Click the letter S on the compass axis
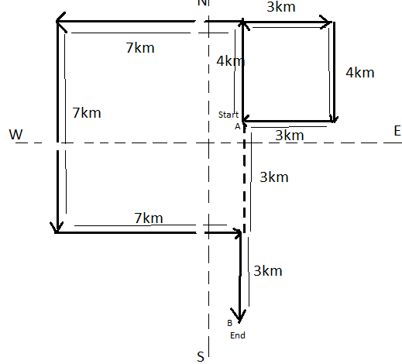pyautogui.click(x=201, y=356)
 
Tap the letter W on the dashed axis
pyautogui.click(x=15, y=135)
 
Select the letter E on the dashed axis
pyautogui.click(x=397, y=131)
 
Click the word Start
pyautogui.click(x=228, y=115)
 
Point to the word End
pyautogui.click(x=238, y=335)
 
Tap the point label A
pyautogui.click(x=238, y=126)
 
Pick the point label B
pyautogui.click(x=230, y=323)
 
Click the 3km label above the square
pyautogui.click(x=281, y=7)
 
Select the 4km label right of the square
pyautogui.click(x=360, y=73)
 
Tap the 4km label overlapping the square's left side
pyautogui.click(x=231, y=61)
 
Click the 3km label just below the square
pyautogui.click(x=290, y=136)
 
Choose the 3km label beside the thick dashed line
pyautogui.click(x=274, y=177)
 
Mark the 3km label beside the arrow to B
pyautogui.click(x=268, y=271)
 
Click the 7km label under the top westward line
pyautogui.click(x=140, y=48)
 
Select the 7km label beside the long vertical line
pyautogui.click(x=87, y=113)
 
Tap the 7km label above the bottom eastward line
pyautogui.click(x=149, y=218)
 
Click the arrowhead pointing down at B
pyautogui.click(x=239, y=316)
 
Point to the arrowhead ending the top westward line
pyautogui.click(x=61, y=22)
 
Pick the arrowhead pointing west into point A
pyautogui.click(x=246, y=119)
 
